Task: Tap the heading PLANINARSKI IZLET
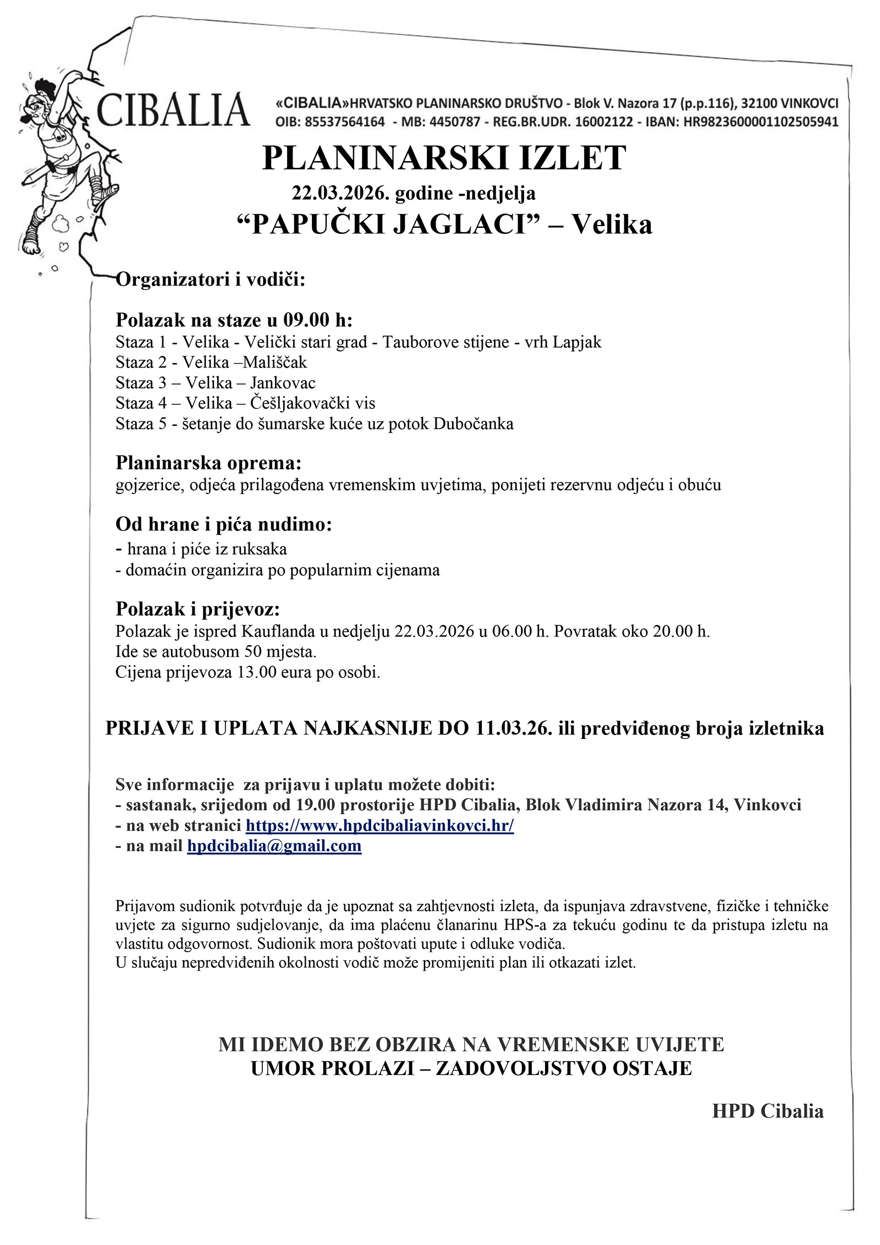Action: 444,158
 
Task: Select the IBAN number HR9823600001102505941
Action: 761,122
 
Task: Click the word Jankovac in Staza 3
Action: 283,382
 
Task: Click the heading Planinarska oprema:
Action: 208,463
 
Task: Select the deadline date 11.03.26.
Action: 514,728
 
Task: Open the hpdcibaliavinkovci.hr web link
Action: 380,825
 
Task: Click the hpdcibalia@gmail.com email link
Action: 274,846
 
